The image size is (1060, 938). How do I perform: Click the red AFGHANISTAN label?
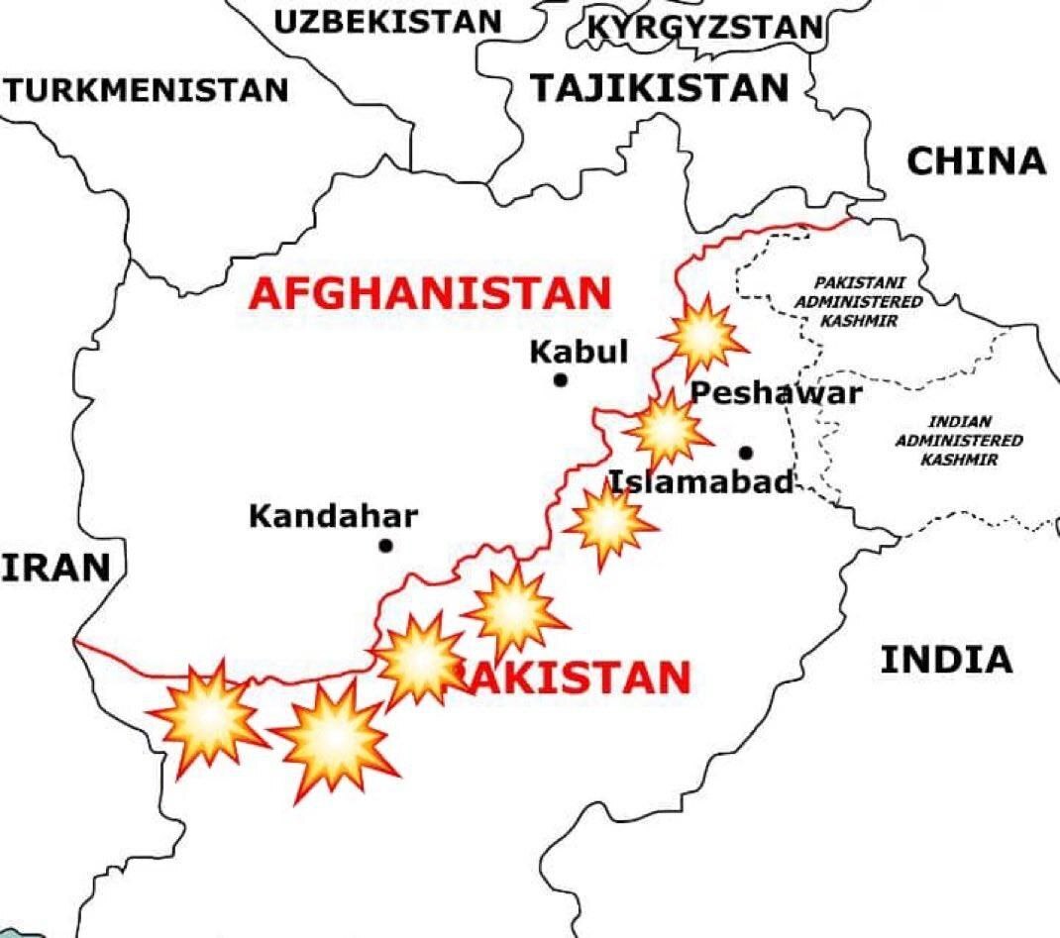430,294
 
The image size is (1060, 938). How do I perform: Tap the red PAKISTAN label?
575,678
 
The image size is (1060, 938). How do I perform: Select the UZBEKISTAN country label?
387,22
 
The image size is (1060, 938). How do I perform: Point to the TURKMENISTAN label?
147,91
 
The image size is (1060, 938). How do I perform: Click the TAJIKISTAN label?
660,88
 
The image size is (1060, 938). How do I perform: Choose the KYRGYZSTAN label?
704,27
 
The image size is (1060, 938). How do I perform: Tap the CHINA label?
976,160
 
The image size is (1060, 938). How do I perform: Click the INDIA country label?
946,660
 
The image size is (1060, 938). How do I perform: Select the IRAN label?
54,569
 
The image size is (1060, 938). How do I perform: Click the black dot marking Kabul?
561,379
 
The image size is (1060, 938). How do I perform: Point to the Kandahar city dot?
385,546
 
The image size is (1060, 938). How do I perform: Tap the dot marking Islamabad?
745,453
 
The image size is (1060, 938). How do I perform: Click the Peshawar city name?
776,393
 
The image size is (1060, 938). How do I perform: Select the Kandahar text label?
333,516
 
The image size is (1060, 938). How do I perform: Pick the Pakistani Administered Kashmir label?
859,302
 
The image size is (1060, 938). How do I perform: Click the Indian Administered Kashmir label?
959,441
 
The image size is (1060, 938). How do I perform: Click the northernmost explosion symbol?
702,337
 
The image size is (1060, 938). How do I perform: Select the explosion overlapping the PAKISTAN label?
422,662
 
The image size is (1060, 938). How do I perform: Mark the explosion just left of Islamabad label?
609,523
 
